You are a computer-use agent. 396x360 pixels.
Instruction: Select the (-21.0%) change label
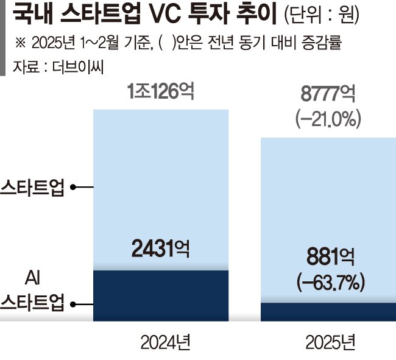pos(327,119)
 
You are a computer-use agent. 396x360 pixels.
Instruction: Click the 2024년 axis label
pos(160,342)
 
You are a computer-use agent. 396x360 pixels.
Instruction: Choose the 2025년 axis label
pos(327,342)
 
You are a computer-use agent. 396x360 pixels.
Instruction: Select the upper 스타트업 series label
pos(32,187)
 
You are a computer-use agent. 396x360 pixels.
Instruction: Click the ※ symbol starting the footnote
pos(22,42)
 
